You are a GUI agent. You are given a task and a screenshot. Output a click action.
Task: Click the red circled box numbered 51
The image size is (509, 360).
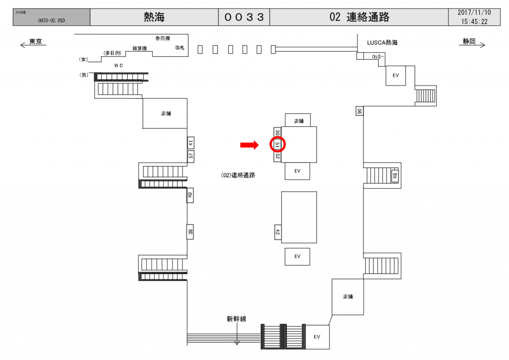278,145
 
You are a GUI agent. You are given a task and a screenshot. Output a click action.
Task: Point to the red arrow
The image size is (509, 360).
249,145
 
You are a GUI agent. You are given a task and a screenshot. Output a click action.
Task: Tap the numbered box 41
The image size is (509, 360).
190,143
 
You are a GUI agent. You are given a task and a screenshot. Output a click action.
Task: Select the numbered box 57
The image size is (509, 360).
190,156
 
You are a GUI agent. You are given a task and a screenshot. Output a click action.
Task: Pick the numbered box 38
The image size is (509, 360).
190,232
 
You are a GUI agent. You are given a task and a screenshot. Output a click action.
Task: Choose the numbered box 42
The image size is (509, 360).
278,231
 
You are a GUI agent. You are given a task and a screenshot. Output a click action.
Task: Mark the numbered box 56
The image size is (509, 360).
359,111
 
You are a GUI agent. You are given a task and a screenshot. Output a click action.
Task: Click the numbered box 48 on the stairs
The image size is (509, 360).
395,176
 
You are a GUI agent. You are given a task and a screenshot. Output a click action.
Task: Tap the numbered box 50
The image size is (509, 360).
277,133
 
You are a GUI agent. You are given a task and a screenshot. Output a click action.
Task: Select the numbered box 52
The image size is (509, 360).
277,157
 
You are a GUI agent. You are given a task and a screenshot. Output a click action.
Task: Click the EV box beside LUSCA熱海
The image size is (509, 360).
396,76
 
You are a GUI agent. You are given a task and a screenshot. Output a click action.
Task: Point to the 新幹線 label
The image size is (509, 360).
237,319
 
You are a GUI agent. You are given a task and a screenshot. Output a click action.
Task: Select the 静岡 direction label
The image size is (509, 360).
469,42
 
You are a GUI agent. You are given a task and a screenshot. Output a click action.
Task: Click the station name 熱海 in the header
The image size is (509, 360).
154,17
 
